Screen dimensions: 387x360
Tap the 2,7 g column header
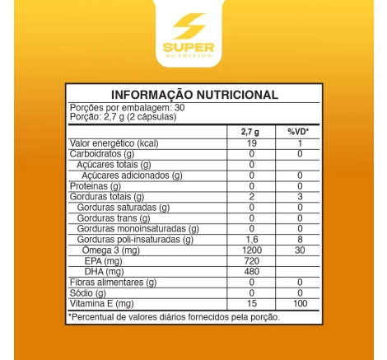point(250,132)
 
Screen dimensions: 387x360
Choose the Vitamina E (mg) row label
point(101,304)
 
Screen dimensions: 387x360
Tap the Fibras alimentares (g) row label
point(112,283)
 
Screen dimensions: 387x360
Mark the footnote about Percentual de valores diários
point(175,317)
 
